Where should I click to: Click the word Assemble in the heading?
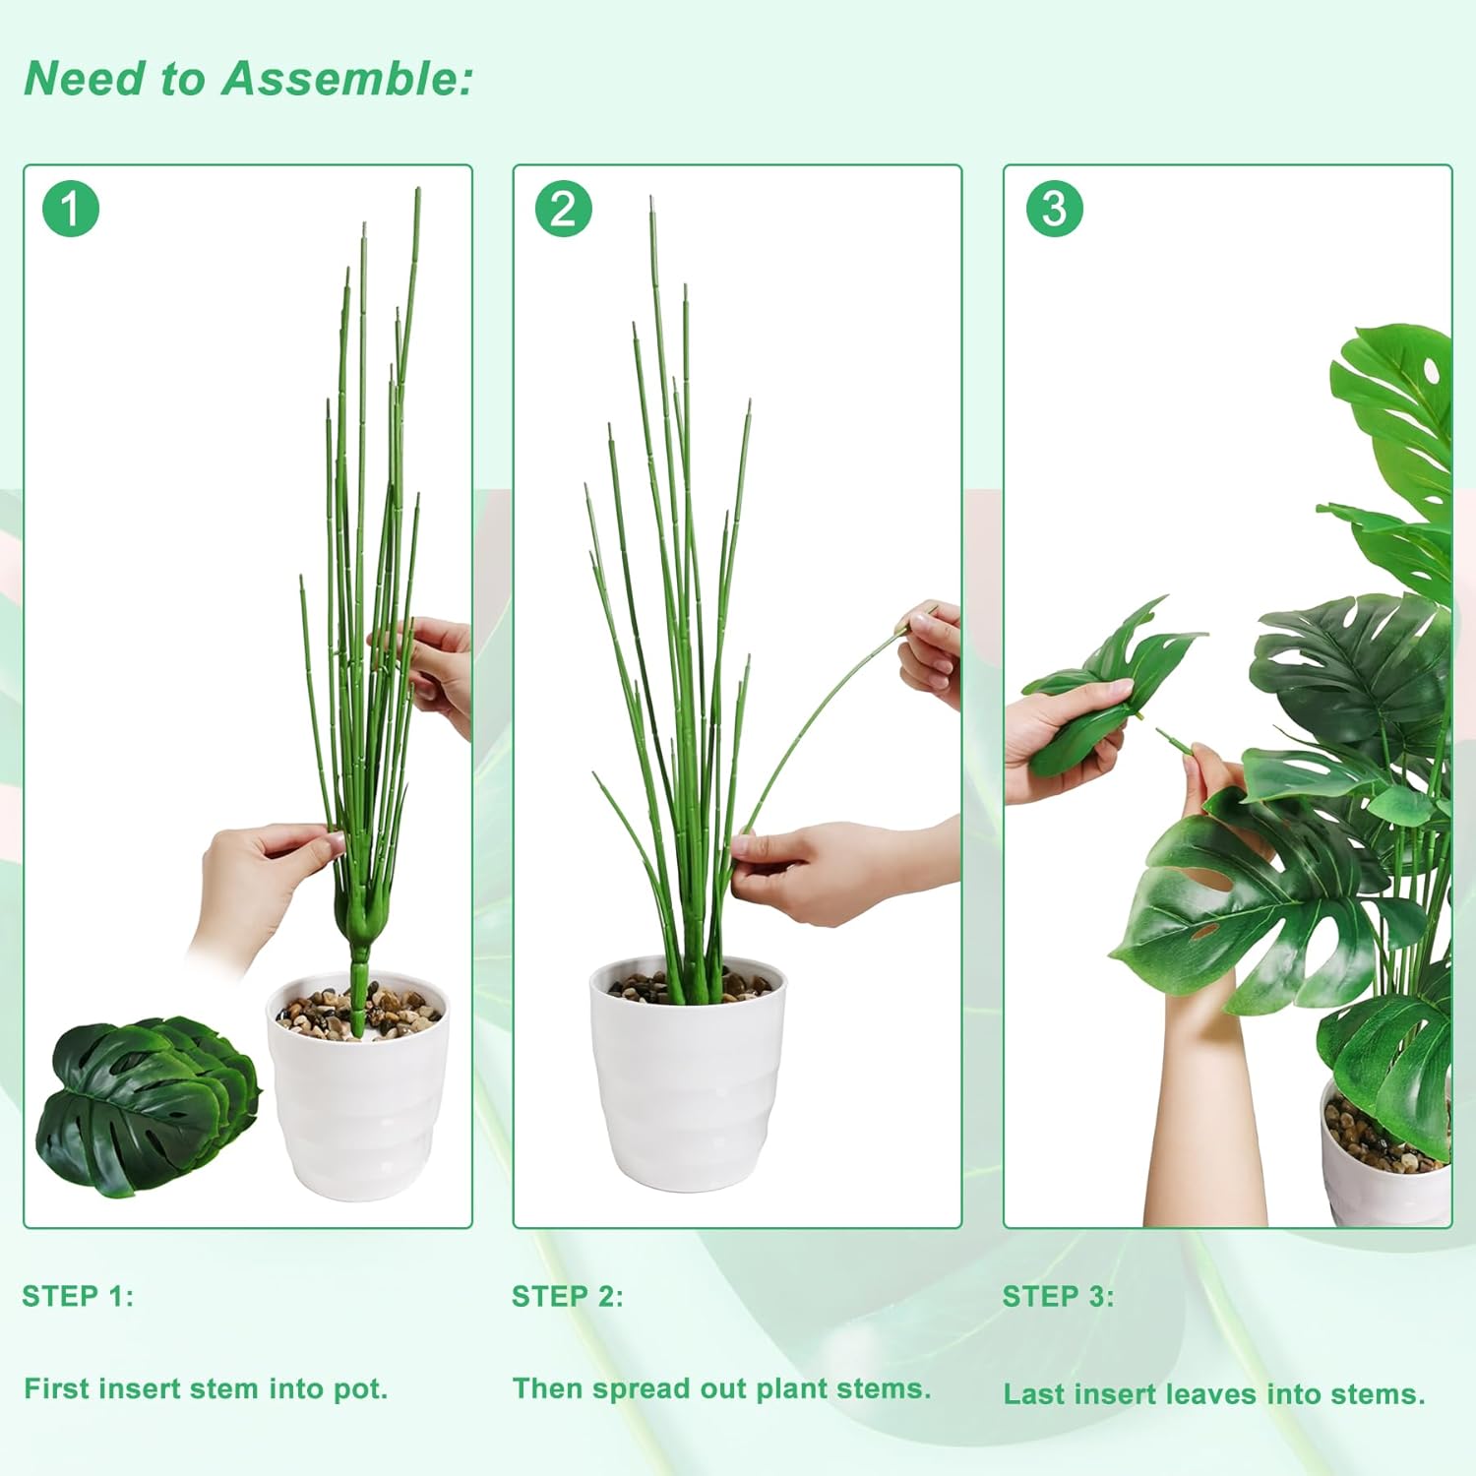click(347, 79)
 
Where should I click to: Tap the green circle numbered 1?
click(71, 209)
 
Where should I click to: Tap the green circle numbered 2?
click(563, 209)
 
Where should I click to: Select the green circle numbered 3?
click(1054, 209)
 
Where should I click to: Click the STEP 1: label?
click(78, 1296)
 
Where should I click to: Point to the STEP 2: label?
click(568, 1296)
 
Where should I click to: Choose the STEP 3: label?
click(1058, 1296)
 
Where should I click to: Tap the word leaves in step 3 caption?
click(1212, 1394)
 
